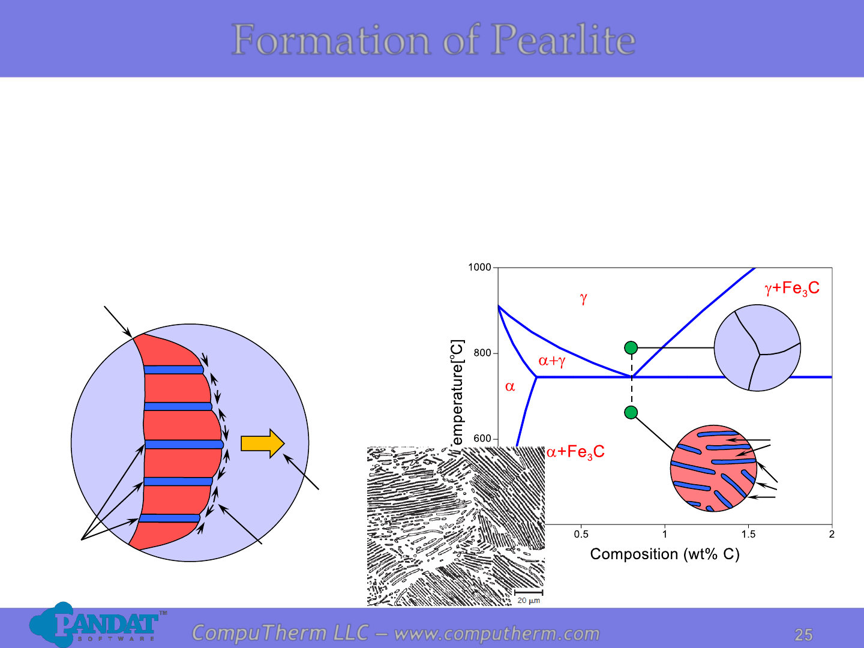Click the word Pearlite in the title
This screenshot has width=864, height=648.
(x=563, y=40)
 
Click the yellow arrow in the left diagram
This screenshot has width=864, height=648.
(x=263, y=443)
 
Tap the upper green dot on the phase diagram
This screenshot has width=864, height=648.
(x=631, y=348)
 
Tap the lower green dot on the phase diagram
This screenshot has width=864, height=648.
(x=631, y=412)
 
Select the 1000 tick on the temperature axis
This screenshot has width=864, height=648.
(x=479, y=268)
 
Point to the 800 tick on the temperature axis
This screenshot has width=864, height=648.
(x=482, y=353)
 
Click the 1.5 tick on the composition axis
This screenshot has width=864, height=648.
(x=748, y=534)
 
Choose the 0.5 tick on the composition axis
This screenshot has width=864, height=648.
(x=581, y=534)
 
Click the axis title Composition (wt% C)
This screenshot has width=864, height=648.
(x=665, y=554)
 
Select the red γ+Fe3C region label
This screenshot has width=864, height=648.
(x=792, y=289)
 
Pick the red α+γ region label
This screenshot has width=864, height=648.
(x=552, y=361)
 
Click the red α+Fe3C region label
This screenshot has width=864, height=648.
(x=575, y=452)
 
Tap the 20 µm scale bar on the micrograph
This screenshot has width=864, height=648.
(x=528, y=592)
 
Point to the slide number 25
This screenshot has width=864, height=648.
(x=803, y=635)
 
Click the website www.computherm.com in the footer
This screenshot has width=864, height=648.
(x=497, y=634)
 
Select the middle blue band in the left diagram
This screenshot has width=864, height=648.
(x=184, y=445)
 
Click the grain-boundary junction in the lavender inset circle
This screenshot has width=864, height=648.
(x=760, y=355)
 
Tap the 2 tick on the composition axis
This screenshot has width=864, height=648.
(x=832, y=534)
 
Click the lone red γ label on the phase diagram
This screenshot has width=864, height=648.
(x=583, y=299)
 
